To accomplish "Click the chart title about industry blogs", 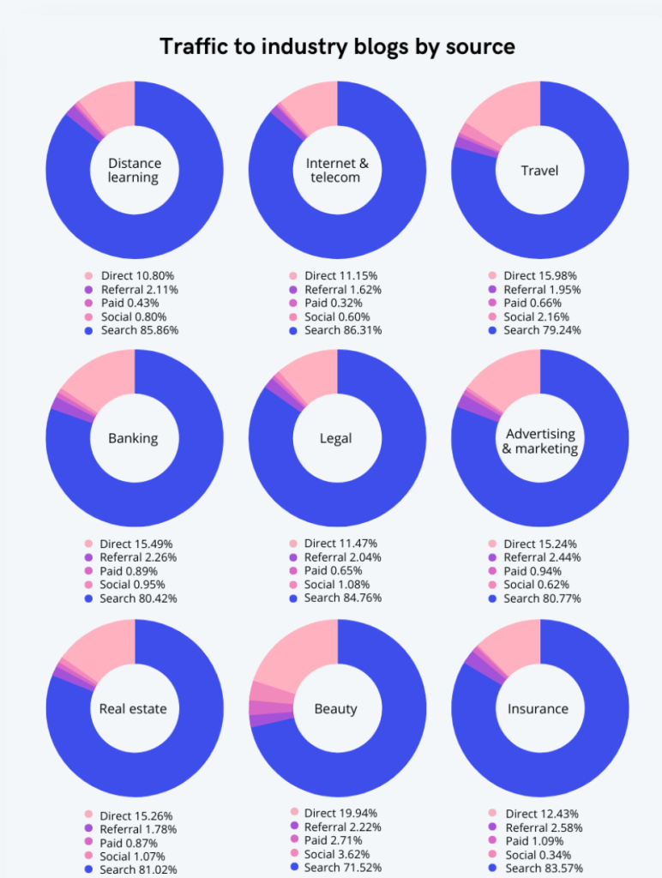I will [x=337, y=46].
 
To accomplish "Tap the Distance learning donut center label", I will [x=134, y=171].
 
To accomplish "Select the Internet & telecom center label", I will [x=337, y=171].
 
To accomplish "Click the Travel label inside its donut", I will [x=539, y=171].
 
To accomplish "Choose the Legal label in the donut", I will [x=336, y=438].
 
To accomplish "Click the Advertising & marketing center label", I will [x=540, y=442].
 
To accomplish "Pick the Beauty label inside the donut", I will [x=336, y=708].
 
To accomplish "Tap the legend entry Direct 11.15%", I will [x=340, y=275].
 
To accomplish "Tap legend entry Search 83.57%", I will [x=542, y=868].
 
